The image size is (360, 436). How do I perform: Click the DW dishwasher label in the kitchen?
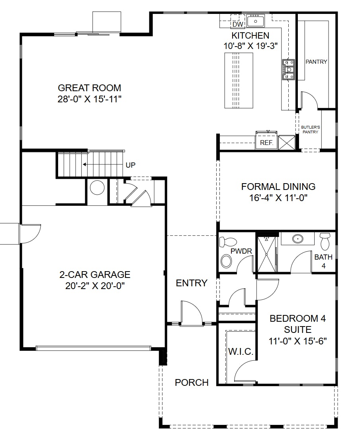point(238,25)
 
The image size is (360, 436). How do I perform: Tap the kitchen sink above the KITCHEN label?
point(255,20)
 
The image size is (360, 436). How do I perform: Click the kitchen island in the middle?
point(239,81)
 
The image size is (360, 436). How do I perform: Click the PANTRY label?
point(316,62)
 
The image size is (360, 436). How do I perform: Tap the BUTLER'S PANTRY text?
point(310,129)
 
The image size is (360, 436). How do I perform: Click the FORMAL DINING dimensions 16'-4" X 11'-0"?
point(278,197)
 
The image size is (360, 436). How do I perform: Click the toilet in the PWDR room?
point(229,242)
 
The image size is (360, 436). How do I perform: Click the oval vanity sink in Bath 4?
point(297,239)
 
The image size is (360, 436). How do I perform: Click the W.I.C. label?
point(241,352)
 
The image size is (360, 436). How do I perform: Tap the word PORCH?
point(192,383)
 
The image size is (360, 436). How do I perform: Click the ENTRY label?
point(192,283)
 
